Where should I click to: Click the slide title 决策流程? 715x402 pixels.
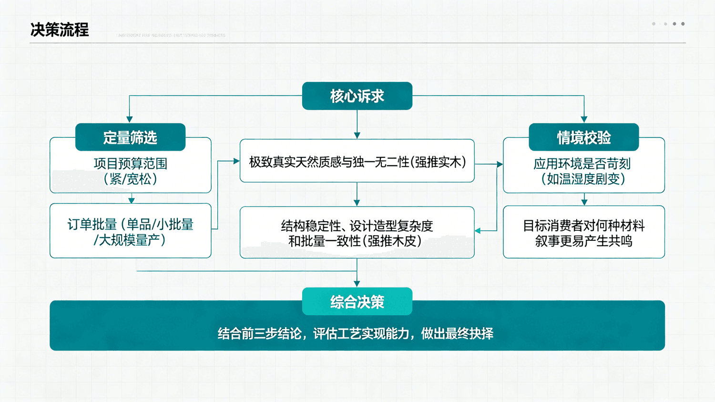coord(60,30)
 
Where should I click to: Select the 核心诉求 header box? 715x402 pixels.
coord(357,96)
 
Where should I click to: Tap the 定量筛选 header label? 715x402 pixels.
coord(130,137)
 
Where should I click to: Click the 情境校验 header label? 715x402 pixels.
coord(583,137)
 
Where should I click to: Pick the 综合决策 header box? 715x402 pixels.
coord(357,301)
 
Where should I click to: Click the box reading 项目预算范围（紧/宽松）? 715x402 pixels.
coord(130,171)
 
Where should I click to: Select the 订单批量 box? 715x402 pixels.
coord(130,232)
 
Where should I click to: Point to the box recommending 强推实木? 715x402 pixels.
coord(357,162)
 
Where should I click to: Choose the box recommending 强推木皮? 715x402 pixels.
coord(357,233)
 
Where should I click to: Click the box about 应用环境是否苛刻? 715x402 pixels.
coord(583,171)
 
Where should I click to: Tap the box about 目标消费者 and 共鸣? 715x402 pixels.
coord(583,233)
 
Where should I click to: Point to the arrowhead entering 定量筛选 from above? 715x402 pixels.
coord(130,119)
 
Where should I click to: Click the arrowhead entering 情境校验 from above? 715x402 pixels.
coord(584,119)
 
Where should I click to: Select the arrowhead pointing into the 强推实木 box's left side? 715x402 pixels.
coord(236,161)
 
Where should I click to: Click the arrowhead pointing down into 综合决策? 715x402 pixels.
coord(357,284)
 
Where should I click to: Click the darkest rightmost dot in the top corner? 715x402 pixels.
coord(683,24)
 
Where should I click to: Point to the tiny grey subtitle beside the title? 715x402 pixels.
coord(171,35)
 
